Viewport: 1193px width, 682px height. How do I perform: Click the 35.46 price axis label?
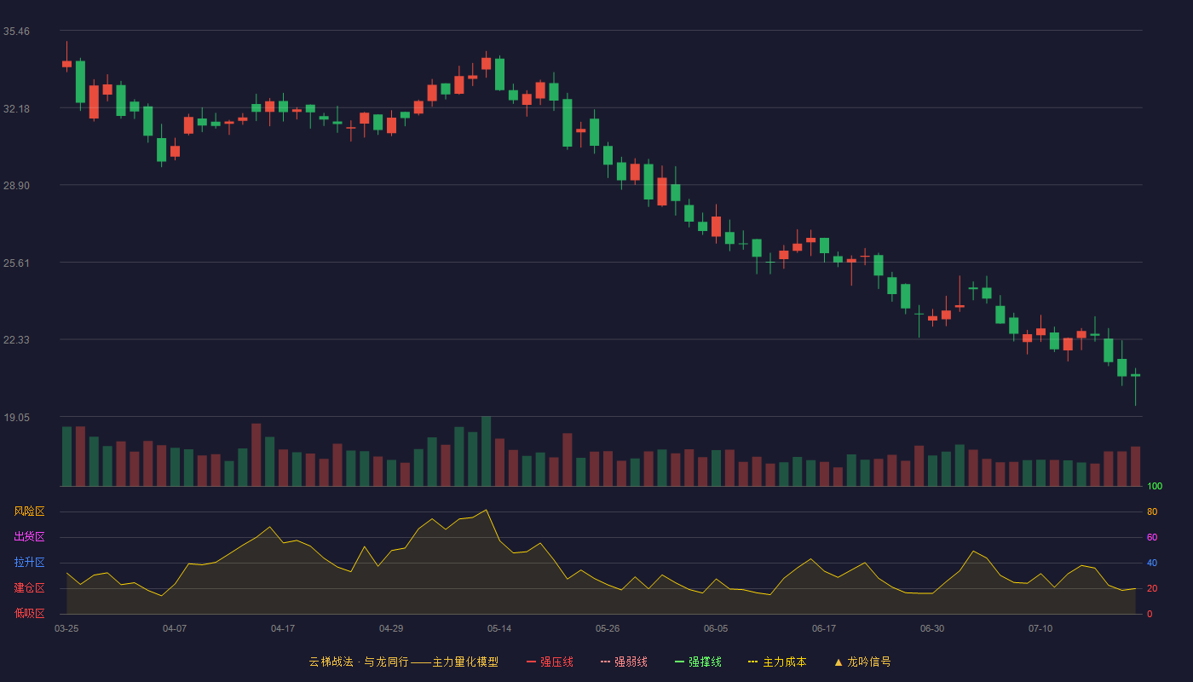16,32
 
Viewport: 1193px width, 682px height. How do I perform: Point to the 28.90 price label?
16,186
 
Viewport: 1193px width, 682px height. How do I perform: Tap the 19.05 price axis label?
16,417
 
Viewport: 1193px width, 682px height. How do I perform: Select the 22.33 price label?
16,340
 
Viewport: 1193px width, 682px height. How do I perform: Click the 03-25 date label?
66,629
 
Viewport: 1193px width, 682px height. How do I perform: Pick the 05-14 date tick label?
499,629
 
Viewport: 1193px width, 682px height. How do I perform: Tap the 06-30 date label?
932,629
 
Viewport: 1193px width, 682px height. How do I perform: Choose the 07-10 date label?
1040,629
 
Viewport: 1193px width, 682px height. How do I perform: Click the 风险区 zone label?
29,511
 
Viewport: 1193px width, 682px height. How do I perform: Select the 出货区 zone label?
29,536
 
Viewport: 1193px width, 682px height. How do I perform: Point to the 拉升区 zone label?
29,562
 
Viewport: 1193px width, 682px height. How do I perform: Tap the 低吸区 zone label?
29,613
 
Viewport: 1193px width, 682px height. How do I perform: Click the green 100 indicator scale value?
1155,486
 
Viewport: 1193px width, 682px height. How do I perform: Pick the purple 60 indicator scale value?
1152,537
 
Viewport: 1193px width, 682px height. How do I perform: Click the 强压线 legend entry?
550,662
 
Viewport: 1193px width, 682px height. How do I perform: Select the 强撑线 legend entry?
698,662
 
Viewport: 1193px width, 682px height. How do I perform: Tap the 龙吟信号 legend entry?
862,662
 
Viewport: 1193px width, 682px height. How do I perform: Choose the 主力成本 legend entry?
777,662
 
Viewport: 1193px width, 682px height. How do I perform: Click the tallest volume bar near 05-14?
487,451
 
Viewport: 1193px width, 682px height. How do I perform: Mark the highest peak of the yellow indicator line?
487,510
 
